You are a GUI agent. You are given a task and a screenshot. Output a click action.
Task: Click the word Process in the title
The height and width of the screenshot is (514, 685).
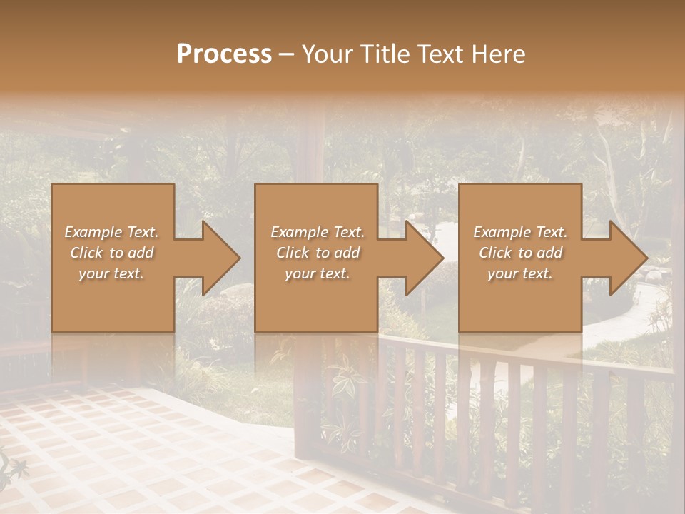pos(224,54)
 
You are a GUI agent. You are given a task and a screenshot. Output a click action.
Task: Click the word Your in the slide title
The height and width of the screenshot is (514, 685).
pos(325,54)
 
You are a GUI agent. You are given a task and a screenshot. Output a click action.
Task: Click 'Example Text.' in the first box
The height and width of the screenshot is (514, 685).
pos(111,232)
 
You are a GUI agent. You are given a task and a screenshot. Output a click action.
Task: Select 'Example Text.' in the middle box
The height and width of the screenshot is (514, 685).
pos(318,232)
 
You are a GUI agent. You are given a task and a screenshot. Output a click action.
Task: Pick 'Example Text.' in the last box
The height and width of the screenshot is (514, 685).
pos(520,232)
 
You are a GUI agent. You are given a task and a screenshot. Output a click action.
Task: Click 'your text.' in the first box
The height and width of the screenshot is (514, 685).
pos(111,273)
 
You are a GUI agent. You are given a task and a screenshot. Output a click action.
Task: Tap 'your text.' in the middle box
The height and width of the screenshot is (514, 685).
pos(318,273)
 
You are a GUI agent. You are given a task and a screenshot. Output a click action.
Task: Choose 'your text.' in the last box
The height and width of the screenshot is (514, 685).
pos(520,273)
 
